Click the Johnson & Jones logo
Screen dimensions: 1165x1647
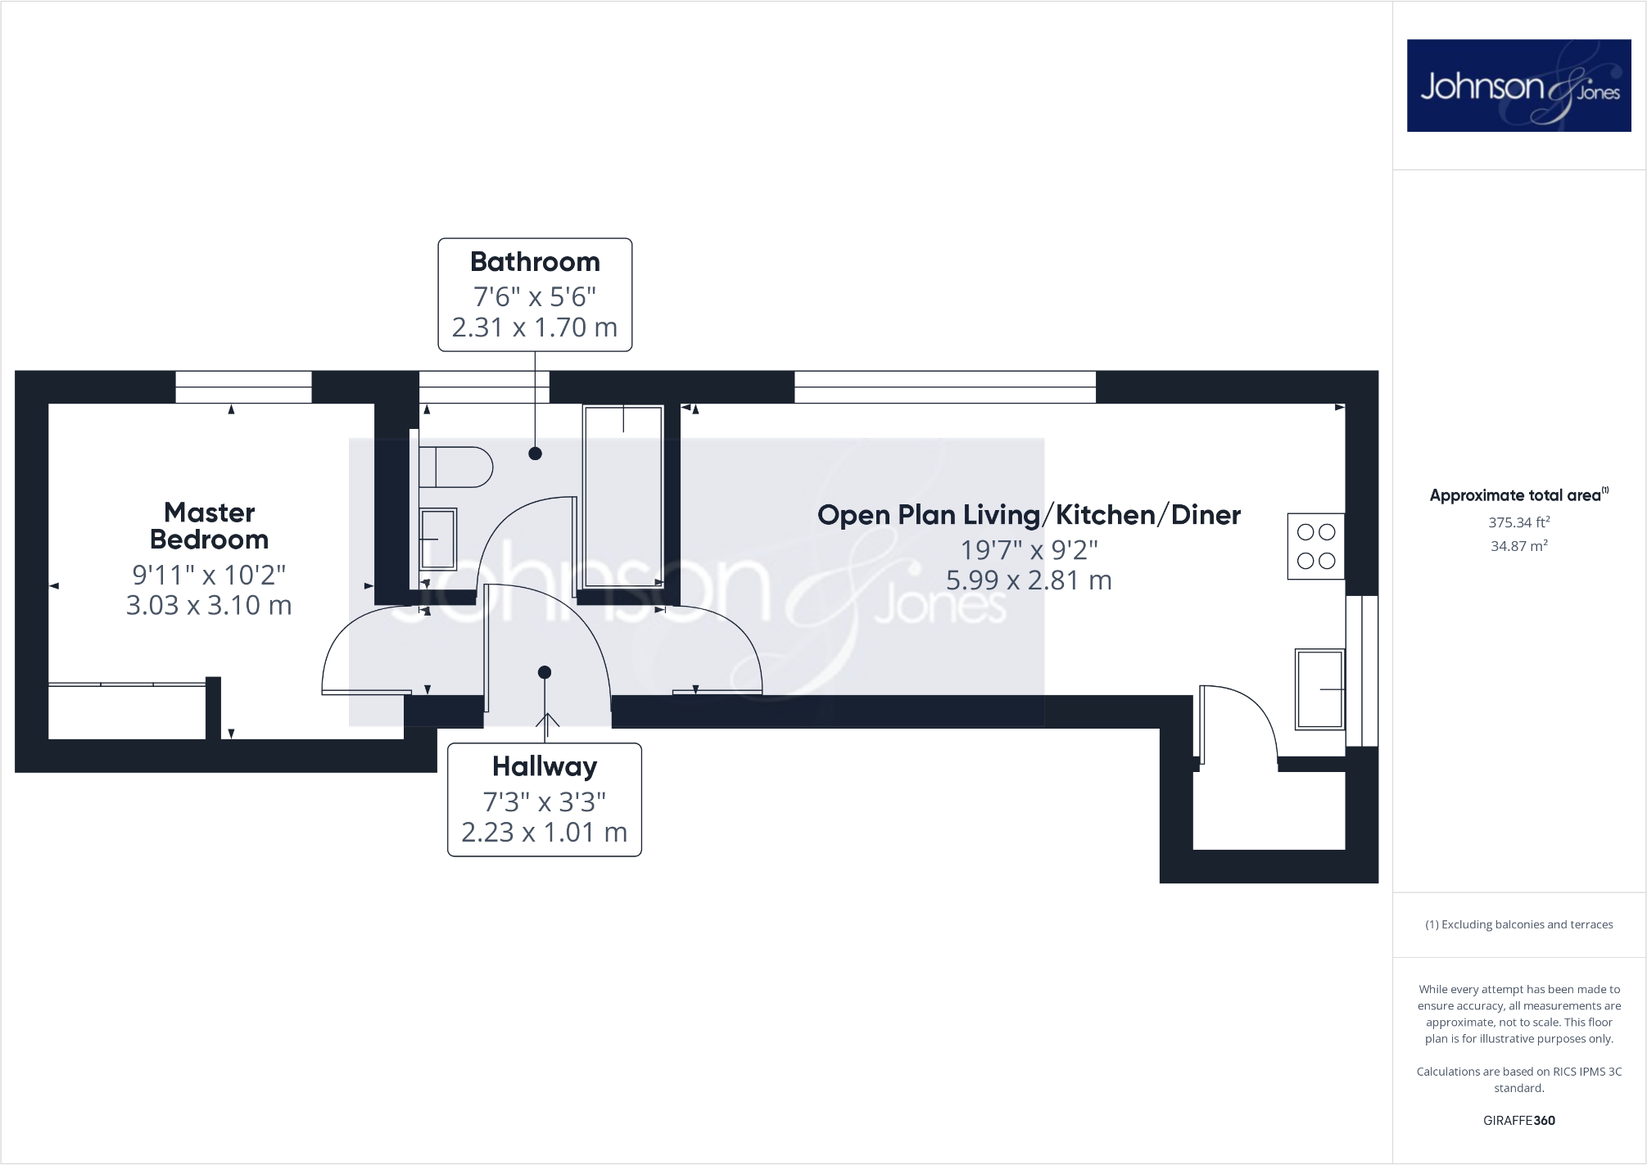click(1518, 85)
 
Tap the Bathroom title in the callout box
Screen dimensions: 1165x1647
click(535, 262)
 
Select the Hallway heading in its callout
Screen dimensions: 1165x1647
click(545, 766)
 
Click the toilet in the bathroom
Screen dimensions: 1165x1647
click(455, 467)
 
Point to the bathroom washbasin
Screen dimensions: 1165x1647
click(437, 540)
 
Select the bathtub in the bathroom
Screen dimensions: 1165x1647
click(622, 496)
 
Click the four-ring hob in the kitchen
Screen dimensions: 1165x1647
click(1316, 546)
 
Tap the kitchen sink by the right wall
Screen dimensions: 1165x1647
click(1319, 689)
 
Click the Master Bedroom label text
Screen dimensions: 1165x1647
click(209, 526)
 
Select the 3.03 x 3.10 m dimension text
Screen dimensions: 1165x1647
click(209, 606)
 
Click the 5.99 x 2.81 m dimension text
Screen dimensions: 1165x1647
click(1029, 580)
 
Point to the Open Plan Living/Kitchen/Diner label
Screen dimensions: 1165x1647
click(1029, 515)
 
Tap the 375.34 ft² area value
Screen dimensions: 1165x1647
click(1518, 522)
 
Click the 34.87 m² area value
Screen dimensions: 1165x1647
click(1518, 546)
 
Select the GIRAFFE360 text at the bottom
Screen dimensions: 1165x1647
click(1518, 1121)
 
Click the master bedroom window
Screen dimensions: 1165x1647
click(243, 386)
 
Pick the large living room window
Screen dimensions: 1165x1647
click(944, 386)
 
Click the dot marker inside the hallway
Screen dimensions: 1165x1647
click(545, 672)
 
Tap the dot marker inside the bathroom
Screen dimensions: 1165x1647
click(535, 454)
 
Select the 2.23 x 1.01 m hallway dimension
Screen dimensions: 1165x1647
click(545, 833)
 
